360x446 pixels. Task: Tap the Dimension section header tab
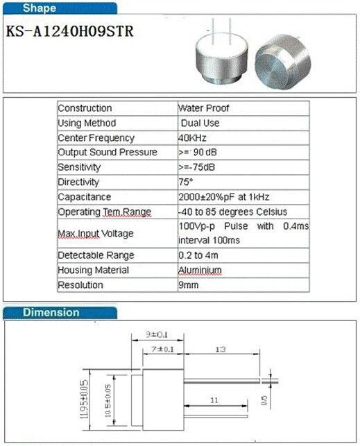coord(51,312)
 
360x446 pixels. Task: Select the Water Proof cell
coord(203,108)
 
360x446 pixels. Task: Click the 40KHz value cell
coord(194,138)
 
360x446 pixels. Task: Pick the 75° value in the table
coord(186,182)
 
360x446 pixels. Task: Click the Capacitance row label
coord(85,197)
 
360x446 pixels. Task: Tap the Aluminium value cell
coord(200,270)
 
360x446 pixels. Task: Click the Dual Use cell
coord(201,123)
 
